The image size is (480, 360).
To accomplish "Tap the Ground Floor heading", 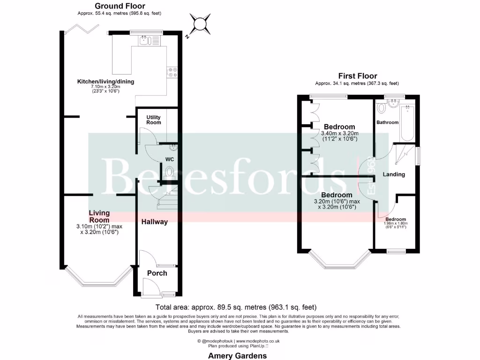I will [x=120, y=6].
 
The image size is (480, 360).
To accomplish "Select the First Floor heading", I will [x=357, y=76].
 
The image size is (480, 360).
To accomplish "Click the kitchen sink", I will [x=149, y=41].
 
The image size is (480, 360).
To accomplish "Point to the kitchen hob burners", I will [x=172, y=71].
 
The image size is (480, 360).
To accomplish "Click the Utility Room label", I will [x=154, y=120].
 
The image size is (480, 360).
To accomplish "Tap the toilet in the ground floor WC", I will [x=169, y=172].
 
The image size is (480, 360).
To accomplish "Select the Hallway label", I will [x=154, y=222].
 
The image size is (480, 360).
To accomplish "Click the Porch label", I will [x=157, y=273].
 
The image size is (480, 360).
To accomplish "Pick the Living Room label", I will [x=99, y=217].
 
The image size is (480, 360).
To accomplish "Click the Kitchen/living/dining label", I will [x=105, y=82].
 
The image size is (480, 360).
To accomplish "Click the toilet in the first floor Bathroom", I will [x=381, y=108].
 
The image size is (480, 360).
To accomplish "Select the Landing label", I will [x=394, y=174].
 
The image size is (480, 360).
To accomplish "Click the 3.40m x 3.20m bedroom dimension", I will [x=339, y=133].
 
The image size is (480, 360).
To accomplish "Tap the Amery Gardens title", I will [x=237, y=356].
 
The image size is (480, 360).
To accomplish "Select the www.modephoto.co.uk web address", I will [x=257, y=341].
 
